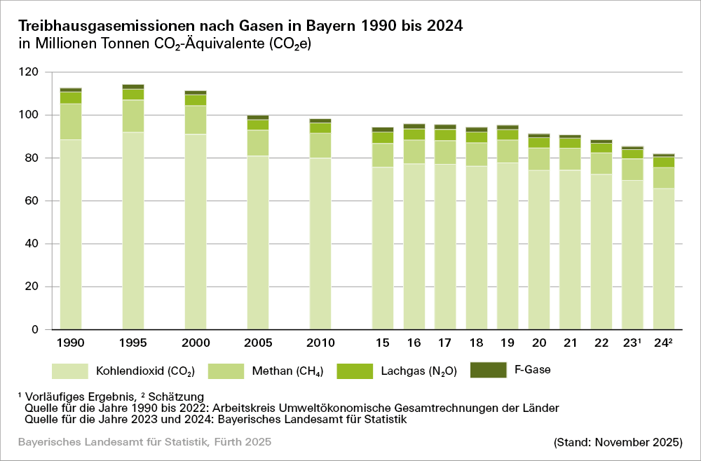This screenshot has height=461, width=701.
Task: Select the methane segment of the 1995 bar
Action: coord(133,116)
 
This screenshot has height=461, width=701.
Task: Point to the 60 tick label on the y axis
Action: coord(32,201)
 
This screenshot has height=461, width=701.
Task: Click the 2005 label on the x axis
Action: coord(258,343)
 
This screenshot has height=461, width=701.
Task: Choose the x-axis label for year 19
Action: coord(508,343)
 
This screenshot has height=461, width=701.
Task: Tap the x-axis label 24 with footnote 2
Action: coord(664,343)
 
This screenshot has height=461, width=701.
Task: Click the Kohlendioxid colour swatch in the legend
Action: coord(69,371)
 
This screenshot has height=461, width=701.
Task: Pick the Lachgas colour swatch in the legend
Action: coord(355,371)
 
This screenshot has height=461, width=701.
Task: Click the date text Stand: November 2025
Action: coord(618,442)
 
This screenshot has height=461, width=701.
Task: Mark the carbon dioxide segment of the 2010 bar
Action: coord(320,244)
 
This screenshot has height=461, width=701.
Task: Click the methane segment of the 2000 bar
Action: coord(196,120)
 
